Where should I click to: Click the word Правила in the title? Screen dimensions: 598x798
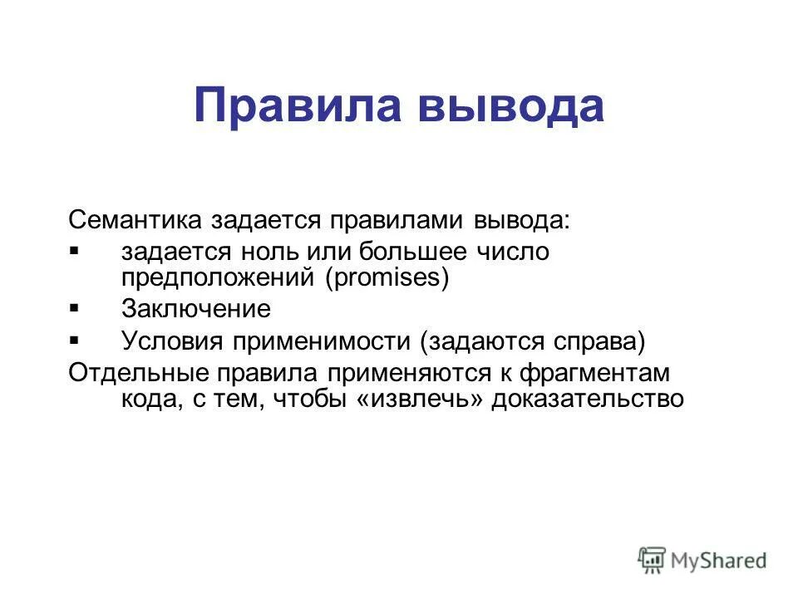click(x=293, y=105)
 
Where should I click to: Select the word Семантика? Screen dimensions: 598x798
click(x=136, y=220)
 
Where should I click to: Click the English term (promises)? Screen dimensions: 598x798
click(x=387, y=277)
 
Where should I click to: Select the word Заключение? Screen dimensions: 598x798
click(x=195, y=309)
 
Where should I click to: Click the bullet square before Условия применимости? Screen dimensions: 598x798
click(x=74, y=339)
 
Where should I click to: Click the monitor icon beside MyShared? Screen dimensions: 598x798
click(x=653, y=559)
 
